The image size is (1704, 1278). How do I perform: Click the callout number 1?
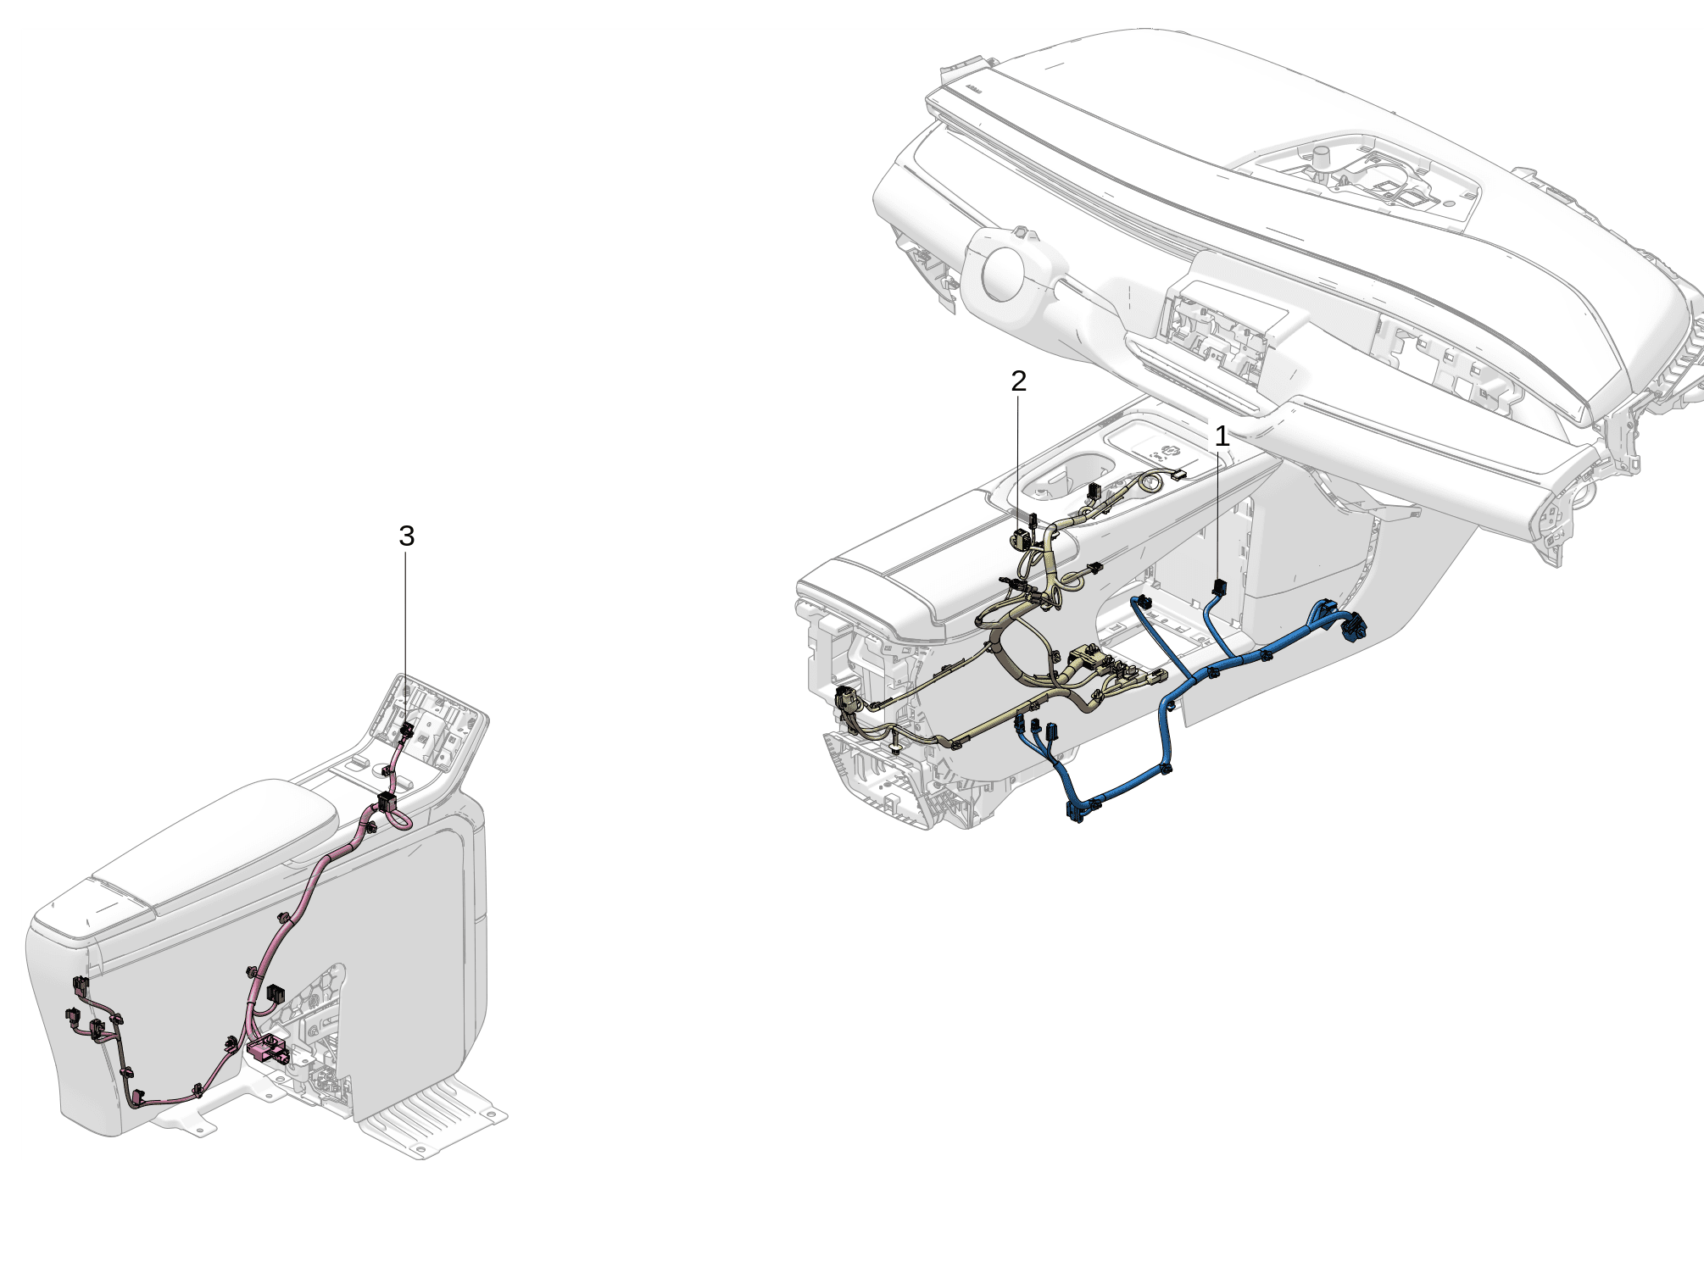(x=1221, y=437)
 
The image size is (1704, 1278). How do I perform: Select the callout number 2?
(x=1018, y=381)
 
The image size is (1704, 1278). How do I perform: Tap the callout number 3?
(x=406, y=536)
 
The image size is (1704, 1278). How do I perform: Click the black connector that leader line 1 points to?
(x=1221, y=586)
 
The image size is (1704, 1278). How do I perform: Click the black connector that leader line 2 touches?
(x=1020, y=538)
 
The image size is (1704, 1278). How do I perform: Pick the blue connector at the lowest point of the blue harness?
(x=1075, y=812)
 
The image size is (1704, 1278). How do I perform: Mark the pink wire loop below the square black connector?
(x=397, y=819)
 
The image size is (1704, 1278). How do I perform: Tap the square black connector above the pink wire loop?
(x=387, y=801)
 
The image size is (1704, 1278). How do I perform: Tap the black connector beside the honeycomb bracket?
(x=276, y=993)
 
